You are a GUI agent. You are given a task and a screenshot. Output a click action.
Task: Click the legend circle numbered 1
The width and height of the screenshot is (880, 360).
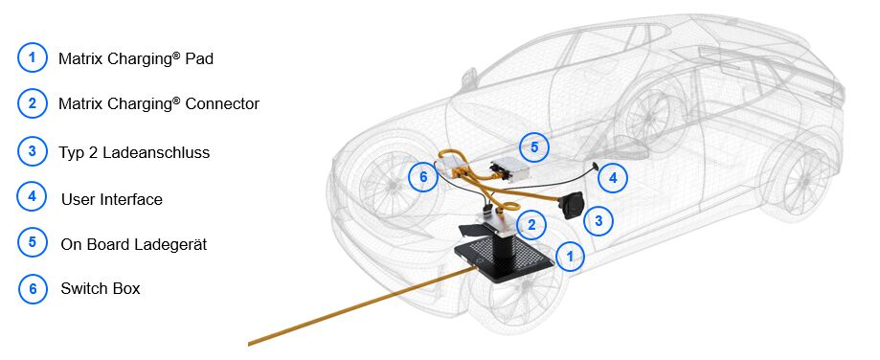[32, 57]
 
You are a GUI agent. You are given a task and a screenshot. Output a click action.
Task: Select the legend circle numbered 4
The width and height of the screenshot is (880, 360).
[32, 197]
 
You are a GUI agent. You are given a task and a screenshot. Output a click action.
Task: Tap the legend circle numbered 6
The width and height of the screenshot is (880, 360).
[32, 289]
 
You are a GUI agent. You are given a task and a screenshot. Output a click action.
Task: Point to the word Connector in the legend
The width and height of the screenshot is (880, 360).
[222, 103]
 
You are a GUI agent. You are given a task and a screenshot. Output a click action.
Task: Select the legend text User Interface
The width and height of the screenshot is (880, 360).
[112, 199]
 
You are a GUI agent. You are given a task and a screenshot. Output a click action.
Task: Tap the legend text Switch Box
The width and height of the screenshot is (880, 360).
[101, 289]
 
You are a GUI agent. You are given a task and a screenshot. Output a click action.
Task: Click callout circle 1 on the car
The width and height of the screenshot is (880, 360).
[570, 257]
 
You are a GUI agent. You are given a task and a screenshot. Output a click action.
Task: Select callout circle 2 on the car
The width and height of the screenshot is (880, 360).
[530, 225]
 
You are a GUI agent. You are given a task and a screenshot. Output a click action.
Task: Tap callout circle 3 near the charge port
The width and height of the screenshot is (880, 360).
[598, 220]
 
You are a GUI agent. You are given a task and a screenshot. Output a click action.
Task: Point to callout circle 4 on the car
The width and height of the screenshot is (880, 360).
[612, 178]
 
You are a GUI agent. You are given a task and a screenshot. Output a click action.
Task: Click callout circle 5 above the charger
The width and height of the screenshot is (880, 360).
[533, 146]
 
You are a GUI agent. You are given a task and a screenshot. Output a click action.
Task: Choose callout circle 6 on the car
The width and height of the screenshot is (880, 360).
[422, 177]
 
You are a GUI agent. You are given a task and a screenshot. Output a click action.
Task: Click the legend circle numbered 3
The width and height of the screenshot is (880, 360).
[32, 152]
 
